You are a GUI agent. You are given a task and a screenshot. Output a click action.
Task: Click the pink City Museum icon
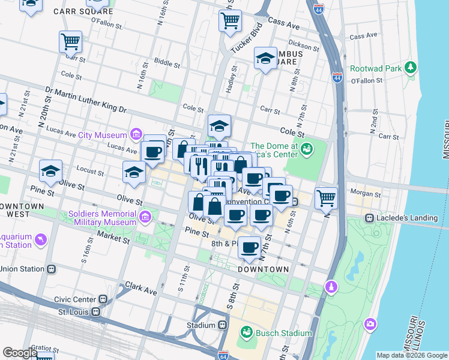pyautogui.click(x=136, y=134)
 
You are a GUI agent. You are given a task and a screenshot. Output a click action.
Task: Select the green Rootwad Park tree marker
pyautogui.click(x=411, y=68)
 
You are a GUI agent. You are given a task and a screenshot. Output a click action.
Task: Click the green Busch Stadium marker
pyautogui.click(x=246, y=332)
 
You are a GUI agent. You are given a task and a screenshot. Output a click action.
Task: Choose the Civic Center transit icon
pyautogui.click(x=104, y=299)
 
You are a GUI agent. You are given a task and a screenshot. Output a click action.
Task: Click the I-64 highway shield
pyautogui.click(x=223, y=355)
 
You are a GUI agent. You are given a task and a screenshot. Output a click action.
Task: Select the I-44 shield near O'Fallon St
pyautogui.click(x=337, y=77)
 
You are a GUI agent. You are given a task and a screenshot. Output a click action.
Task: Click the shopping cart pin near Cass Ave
pyautogui.click(x=230, y=21)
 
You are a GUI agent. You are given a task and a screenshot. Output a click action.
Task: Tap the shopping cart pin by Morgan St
pyautogui.click(x=326, y=197)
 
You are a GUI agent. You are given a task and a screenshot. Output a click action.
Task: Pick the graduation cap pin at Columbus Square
pyautogui.click(x=265, y=59)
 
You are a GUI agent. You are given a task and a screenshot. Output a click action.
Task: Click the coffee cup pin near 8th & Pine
pyautogui.click(x=250, y=247)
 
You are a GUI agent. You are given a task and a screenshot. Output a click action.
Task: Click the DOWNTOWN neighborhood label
pyautogui.click(x=264, y=269)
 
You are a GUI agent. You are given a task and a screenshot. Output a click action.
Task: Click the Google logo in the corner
pyautogui.click(x=20, y=353)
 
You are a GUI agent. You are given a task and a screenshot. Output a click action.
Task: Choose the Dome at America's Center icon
pyautogui.click(x=307, y=148)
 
